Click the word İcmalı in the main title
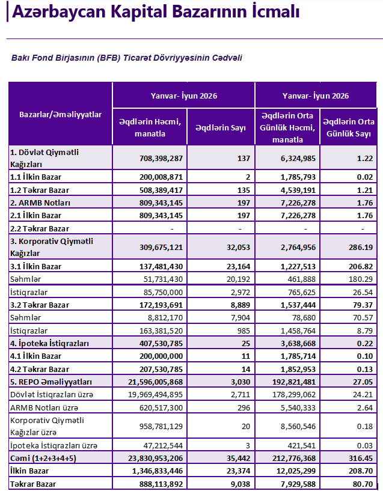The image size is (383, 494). [275, 11]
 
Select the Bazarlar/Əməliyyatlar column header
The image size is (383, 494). [60, 114]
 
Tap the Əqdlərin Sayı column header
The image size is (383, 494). [220, 127]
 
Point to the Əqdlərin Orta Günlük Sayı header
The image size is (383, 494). [349, 127]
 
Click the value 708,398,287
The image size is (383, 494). [161, 159]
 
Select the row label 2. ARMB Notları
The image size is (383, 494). [40, 203]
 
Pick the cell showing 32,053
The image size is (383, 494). [238, 248]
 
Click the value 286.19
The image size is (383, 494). [361, 248]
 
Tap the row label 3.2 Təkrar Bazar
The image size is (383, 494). [40, 305]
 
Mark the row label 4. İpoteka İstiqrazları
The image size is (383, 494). [49, 343]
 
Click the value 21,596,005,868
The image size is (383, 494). [155, 382]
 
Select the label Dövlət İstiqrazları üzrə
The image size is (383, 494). [52, 395]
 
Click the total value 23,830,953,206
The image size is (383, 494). [155, 459]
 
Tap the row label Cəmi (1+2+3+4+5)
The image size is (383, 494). [43, 459]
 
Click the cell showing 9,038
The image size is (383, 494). [241, 484]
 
